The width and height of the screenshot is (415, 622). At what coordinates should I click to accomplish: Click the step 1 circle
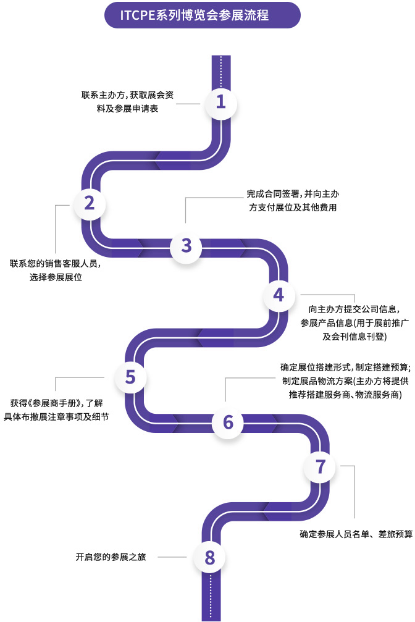(220, 102)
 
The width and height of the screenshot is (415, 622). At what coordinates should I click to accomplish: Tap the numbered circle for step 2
(90, 203)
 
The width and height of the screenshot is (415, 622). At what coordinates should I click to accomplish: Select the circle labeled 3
(187, 245)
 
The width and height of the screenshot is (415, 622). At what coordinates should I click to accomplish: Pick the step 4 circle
(279, 296)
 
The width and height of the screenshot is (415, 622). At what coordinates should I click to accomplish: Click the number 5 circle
(130, 377)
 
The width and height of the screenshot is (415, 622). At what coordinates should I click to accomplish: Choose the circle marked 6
(228, 422)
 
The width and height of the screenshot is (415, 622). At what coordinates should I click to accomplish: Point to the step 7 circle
(321, 467)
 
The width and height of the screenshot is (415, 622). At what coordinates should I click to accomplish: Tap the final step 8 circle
(210, 558)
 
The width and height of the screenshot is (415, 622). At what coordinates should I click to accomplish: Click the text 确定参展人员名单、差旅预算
(356, 534)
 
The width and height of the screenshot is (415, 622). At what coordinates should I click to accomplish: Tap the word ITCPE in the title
(136, 15)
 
